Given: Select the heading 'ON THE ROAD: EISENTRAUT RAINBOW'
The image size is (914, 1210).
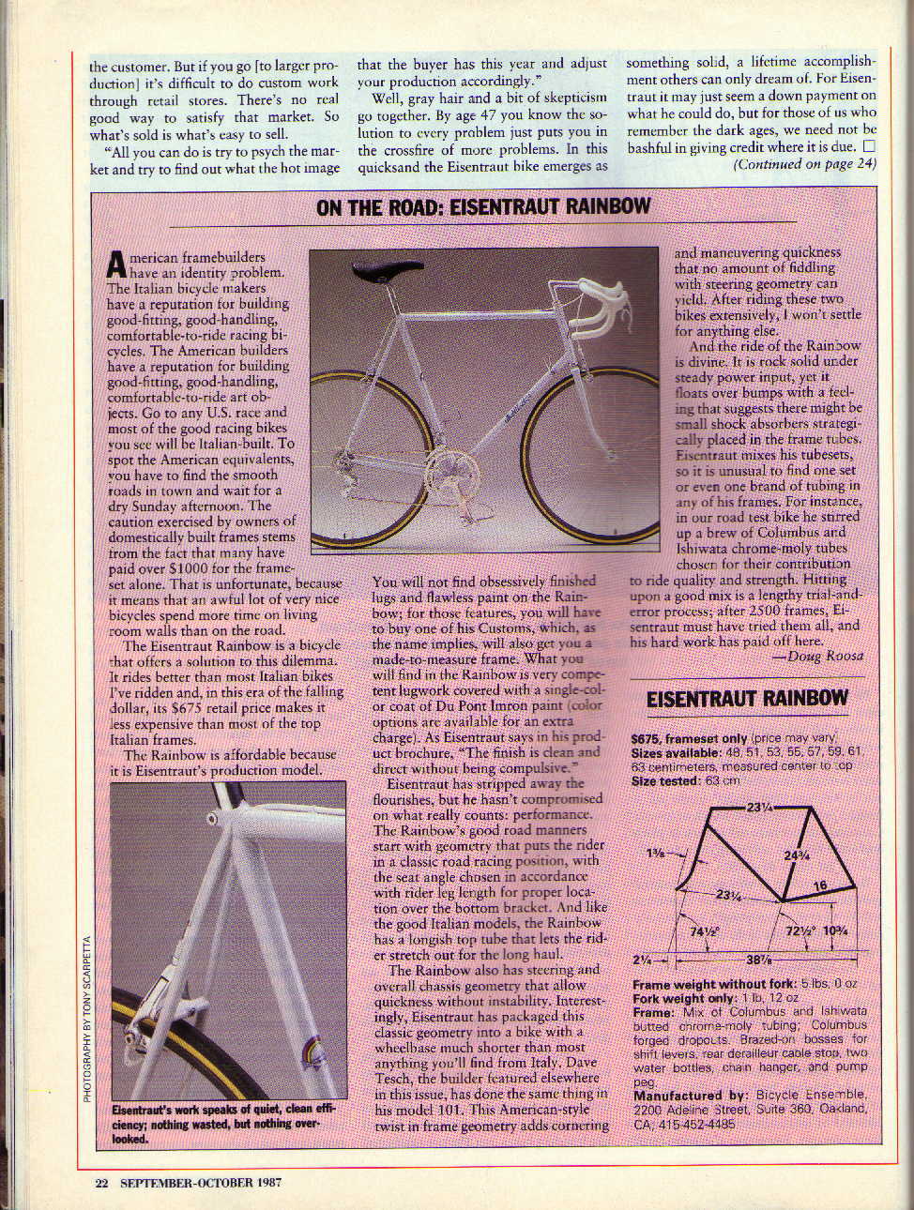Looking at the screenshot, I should [483, 206].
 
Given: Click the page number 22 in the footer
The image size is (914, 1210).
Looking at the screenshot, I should [101, 1183].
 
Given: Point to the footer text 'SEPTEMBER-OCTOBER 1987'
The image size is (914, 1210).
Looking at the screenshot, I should [202, 1183].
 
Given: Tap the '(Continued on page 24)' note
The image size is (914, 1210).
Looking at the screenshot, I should [804, 163].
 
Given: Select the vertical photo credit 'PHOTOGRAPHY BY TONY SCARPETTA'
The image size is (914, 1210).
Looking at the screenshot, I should [87, 1019].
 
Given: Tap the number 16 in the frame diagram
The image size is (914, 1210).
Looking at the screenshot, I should [819, 885].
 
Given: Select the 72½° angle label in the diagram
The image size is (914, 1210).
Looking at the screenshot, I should [799, 931].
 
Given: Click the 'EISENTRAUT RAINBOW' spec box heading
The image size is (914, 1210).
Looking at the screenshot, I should [747, 698].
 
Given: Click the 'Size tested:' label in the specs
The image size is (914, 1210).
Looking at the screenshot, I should [664, 780].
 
